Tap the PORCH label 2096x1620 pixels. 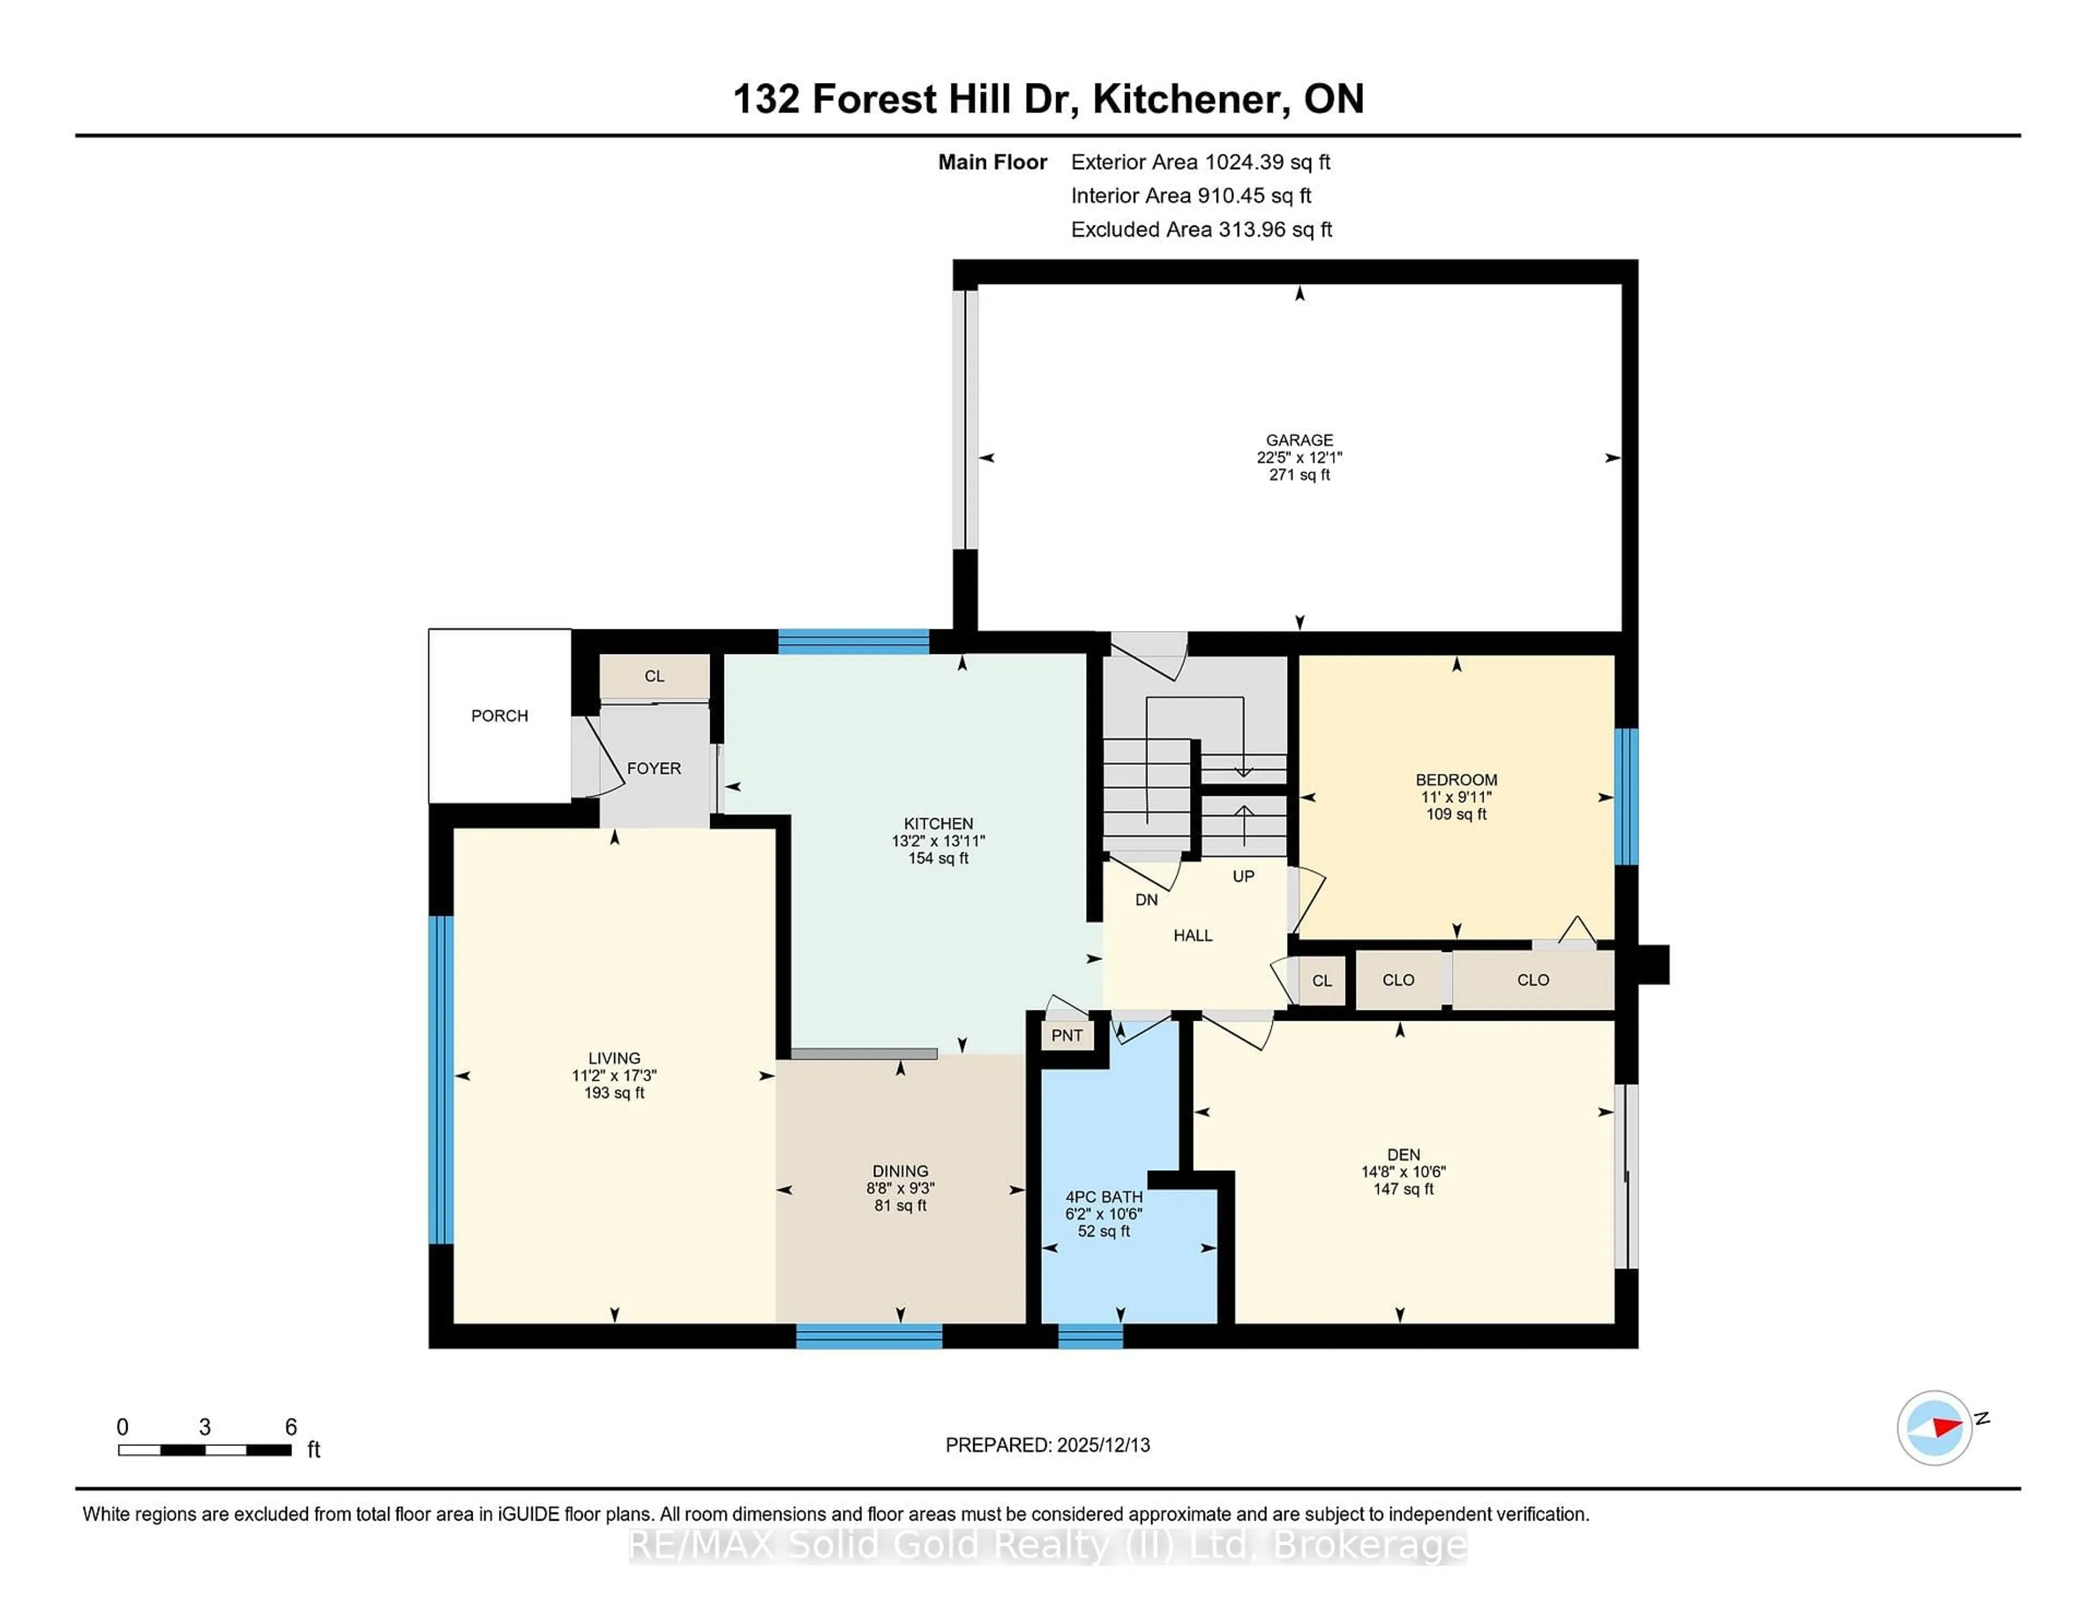click(x=499, y=716)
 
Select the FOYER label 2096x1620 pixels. click(x=653, y=769)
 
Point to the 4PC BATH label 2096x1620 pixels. click(x=1104, y=1197)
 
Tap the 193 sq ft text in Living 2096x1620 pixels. click(x=614, y=1093)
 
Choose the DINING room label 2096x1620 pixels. click(x=900, y=1171)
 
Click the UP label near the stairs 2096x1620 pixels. click(x=1243, y=876)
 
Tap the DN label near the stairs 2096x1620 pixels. click(x=1146, y=900)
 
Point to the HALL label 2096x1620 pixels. click(x=1192, y=936)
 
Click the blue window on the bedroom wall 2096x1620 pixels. click(x=1625, y=796)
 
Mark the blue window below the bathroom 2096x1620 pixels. click(x=1090, y=1336)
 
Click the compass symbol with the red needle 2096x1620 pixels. click(x=1934, y=1428)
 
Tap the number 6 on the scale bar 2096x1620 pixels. click(x=291, y=1427)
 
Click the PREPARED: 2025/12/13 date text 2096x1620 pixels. click(x=1047, y=1445)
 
